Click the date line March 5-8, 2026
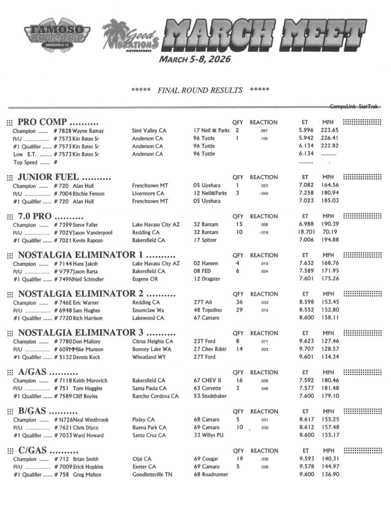[x=195, y=59]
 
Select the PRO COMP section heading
[x=58, y=122]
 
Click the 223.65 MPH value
[x=330, y=131]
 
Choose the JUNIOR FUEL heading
[x=64, y=177]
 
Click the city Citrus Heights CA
[x=152, y=341]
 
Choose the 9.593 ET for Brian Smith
[x=305, y=459]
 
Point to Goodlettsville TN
[x=152, y=475]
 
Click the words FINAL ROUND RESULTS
[x=200, y=90]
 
